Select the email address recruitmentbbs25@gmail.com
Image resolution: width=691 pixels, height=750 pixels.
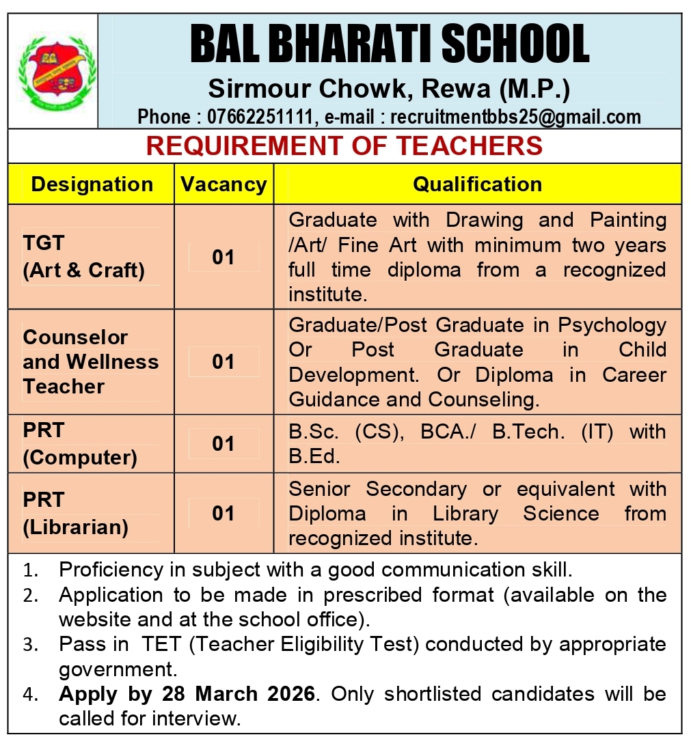pos(515,117)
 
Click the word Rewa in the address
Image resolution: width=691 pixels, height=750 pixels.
pos(456,89)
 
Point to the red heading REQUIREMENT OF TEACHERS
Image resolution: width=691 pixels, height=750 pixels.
pos(344,145)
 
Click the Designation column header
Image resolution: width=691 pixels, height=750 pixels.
pos(92,184)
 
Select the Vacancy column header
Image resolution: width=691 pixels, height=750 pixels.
pos(223,184)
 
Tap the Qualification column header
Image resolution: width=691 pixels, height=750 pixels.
pos(477,184)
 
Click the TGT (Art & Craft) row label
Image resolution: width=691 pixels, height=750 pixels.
pos(83,258)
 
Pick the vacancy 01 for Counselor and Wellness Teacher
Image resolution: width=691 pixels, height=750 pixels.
pos(223,361)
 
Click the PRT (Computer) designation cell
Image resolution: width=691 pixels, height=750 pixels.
pos(79,444)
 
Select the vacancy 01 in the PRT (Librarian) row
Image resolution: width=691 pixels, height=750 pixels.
pos(223,513)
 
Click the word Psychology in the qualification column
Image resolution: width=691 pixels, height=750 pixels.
pos(612,325)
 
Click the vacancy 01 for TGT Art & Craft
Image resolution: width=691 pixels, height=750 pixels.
pos(223,258)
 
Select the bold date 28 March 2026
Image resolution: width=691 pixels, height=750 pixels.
pos(239,694)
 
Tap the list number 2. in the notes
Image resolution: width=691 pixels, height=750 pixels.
pos(30,596)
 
